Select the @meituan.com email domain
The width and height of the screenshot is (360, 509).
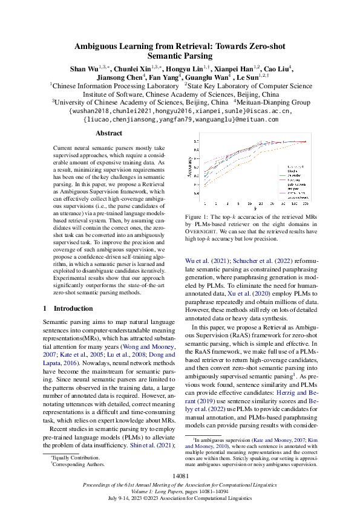[x=254, y=120]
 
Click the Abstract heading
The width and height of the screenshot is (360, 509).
[x=109, y=133]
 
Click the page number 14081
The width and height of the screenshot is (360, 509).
[x=180, y=476]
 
